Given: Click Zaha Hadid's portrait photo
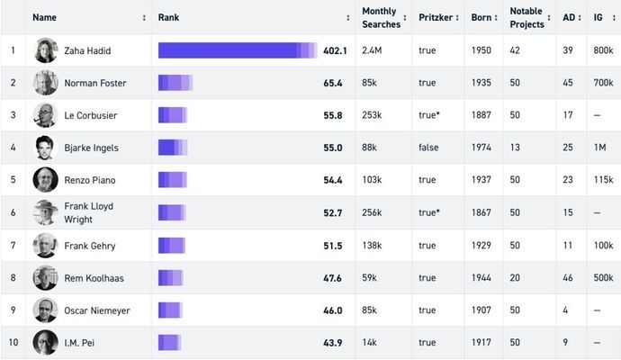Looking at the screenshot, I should point(46,50).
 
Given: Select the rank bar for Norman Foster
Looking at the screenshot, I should point(175,83).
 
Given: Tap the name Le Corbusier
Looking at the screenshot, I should point(90,115).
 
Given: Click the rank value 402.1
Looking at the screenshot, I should point(335,50).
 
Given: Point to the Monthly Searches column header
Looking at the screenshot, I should point(380,17).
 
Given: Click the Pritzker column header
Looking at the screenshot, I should point(435,17).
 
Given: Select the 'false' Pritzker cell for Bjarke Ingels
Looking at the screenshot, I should point(428,148).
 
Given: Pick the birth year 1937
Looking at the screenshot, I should point(481,180).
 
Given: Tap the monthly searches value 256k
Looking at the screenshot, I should point(372,212).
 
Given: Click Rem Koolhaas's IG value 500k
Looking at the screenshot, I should point(604,278).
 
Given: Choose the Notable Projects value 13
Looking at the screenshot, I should point(515,148).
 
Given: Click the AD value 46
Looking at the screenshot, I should point(568,278).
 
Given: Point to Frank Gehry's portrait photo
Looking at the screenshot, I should point(46,246).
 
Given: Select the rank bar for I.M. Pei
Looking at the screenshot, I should point(169,343).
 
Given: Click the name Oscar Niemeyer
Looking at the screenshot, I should point(97,310).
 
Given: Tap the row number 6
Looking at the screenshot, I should point(13,212).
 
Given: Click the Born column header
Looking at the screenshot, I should point(481,17).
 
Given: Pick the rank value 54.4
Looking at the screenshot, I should point(333,180).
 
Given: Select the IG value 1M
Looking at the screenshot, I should point(600,148).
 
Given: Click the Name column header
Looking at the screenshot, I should point(45,17).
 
